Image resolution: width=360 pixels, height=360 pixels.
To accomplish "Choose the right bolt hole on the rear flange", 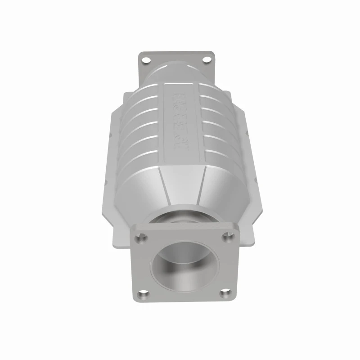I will point(206,58).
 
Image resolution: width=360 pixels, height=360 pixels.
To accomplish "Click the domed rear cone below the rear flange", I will point(180,72).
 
